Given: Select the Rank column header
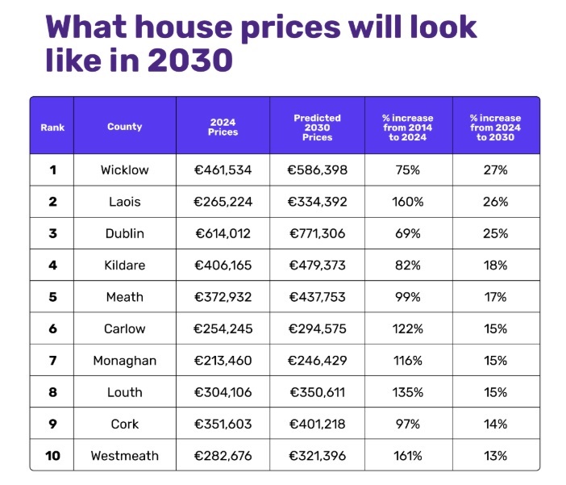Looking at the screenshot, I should coord(52,127).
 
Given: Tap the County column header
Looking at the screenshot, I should coord(124,127).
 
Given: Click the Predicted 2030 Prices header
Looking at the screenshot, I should coord(317,127).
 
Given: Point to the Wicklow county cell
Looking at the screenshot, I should coord(124,170).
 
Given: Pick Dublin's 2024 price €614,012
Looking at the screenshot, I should coord(223,234).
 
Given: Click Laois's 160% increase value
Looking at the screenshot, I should coord(408,202).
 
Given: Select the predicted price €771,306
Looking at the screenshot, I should coord(317,234).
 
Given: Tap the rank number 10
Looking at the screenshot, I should coord(52,456).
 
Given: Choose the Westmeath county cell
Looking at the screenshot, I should coord(124,456).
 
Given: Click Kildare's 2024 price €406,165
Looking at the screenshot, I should coord(223,265).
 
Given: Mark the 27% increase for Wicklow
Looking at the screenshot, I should coord(496,170).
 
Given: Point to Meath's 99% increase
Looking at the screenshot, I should coord(408,297).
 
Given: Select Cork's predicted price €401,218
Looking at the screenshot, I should coord(317,424).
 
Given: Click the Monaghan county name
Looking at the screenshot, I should coord(124,361).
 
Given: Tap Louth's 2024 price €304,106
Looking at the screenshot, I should coord(223,392).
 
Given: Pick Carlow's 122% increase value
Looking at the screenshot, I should coord(408,329).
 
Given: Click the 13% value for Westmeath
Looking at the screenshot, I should coord(496,456).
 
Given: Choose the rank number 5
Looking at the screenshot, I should coord(52,297).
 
